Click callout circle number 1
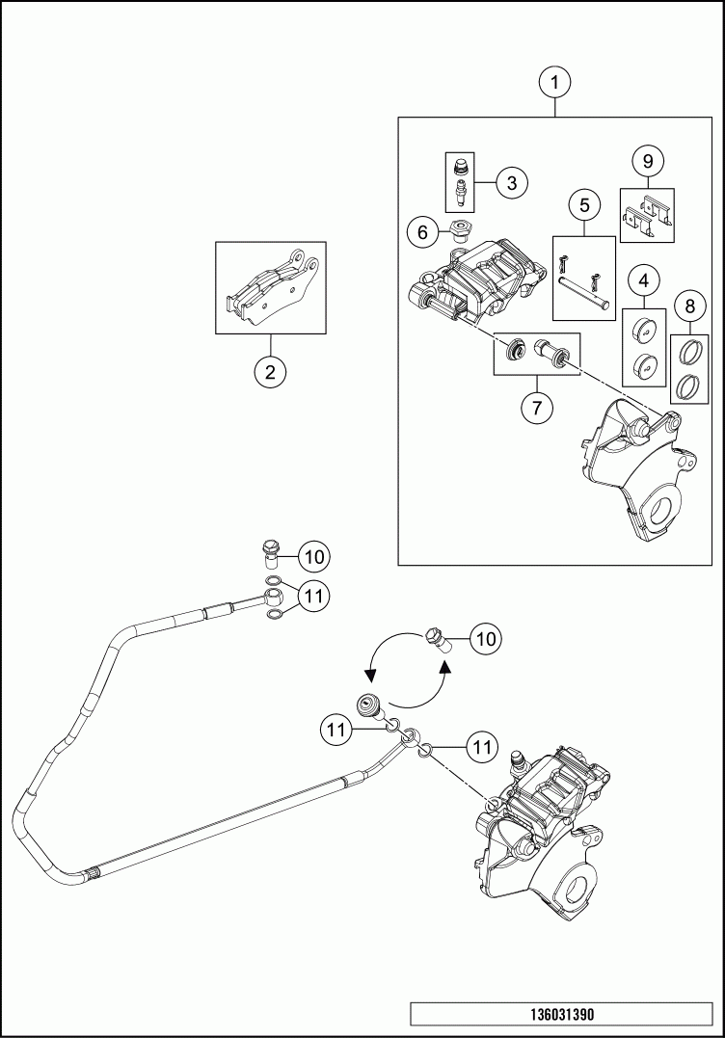[x=554, y=84]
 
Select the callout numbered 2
[x=271, y=372]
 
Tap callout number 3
[x=512, y=181]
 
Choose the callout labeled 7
[x=538, y=407]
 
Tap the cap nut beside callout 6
[x=459, y=229]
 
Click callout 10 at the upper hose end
[x=314, y=556]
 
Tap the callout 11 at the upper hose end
[x=313, y=597]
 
